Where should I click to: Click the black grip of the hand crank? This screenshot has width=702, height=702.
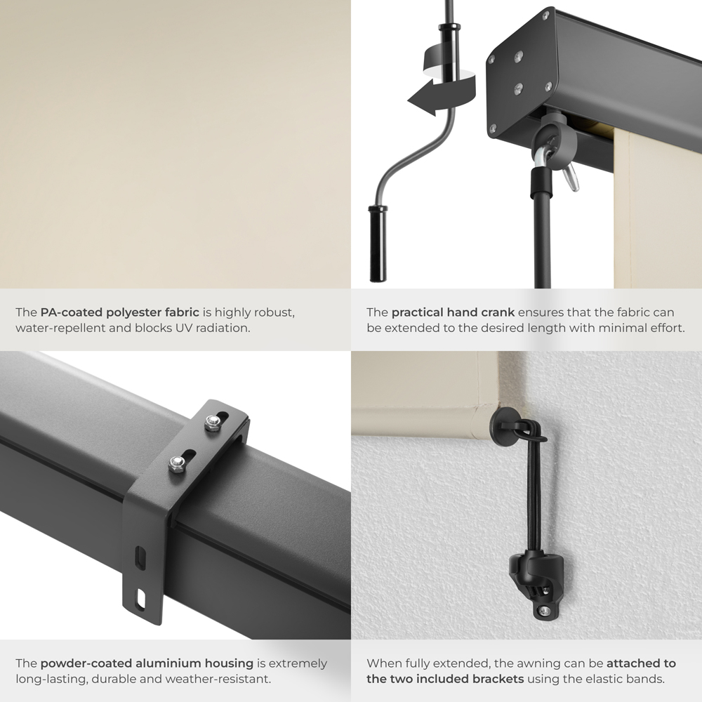click(378, 243)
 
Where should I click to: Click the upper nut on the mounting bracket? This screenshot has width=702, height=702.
click(211, 422)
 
